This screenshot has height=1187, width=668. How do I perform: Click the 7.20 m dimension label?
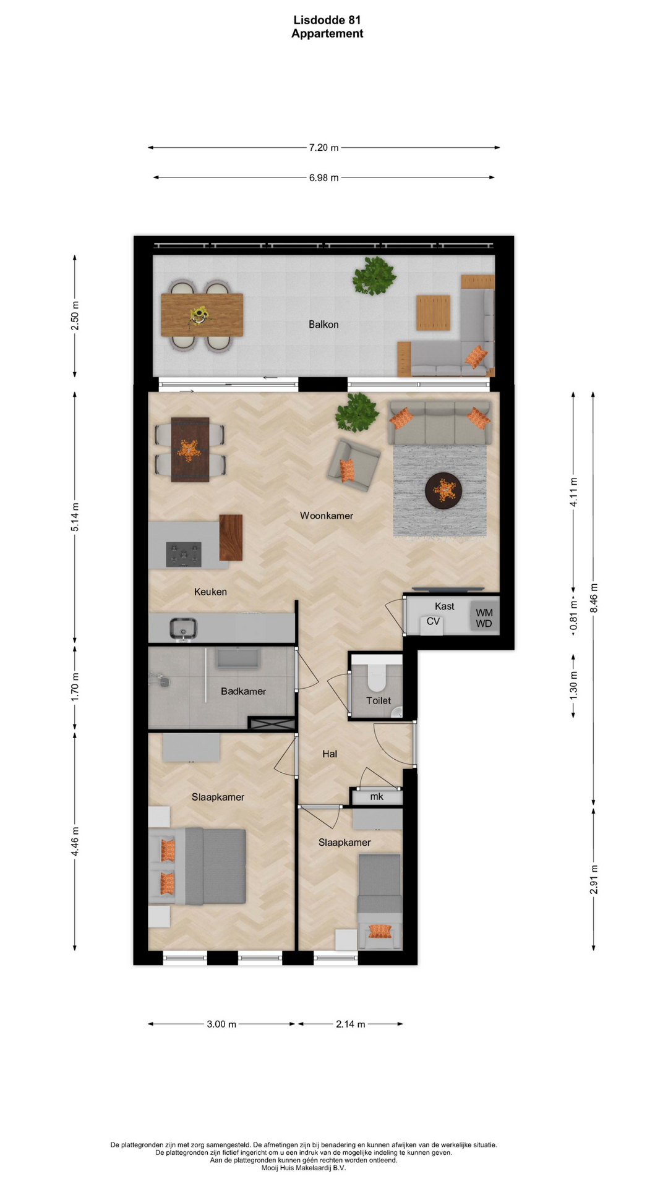coord(323,148)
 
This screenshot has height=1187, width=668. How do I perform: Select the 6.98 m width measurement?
coord(323,178)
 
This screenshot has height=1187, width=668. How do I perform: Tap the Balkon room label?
coord(323,325)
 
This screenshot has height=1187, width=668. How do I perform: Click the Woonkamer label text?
coord(327,516)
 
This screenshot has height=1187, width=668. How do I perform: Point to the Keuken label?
coord(210,592)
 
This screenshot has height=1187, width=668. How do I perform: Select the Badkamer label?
coord(243,691)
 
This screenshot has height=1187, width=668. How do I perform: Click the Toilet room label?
coord(379,700)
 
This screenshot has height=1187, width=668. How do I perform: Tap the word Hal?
coord(330,754)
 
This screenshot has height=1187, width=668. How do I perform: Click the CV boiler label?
coord(433,621)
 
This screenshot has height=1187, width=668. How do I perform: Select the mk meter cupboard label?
coord(377,797)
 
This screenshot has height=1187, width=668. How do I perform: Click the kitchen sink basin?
coord(183,629)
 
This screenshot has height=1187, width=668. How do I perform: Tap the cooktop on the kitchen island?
coord(184,554)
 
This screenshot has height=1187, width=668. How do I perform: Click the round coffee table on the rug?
coord(443,491)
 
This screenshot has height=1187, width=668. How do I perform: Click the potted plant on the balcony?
coord(374,276)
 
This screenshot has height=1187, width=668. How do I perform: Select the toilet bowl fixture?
coord(377,676)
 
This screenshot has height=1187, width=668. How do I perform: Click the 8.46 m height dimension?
coord(594,598)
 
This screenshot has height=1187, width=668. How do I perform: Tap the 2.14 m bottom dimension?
coord(350,1024)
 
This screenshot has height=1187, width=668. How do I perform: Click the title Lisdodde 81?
coord(327,20)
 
